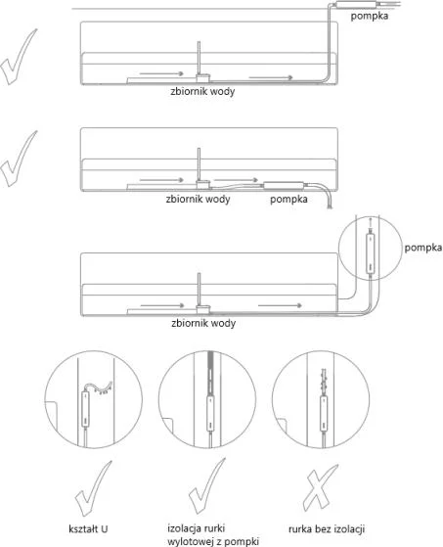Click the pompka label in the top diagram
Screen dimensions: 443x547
(x=369, y=16)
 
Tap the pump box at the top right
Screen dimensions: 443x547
(x=355, y=5)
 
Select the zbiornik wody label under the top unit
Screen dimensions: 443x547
(x=202, y=91)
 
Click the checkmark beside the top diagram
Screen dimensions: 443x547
(x=19, y=57)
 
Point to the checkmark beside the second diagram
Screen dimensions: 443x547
(x=19, y=159)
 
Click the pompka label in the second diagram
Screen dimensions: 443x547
(x=288, y=200)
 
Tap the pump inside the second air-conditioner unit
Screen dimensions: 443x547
(x=284, y=185)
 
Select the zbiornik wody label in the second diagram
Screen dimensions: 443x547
(x=198, y=200)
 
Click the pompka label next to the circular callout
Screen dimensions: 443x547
(x=423, y=248)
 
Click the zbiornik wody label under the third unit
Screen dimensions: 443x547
(x=203, y=323)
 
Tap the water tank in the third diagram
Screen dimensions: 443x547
(x=202, y=309)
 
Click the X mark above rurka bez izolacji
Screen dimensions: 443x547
(x=320, y=487)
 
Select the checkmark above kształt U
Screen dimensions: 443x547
(x=93, y=488)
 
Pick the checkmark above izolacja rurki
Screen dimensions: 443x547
(x=206, y=486)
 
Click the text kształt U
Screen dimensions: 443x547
(x=88, y=528)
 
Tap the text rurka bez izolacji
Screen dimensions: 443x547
(x=327, y=528)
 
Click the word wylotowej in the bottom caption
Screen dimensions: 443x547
(x=190, y=541)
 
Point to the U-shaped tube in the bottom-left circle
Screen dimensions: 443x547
(x=99, y=387)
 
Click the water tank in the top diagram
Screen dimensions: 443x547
(x=202, y=77)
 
